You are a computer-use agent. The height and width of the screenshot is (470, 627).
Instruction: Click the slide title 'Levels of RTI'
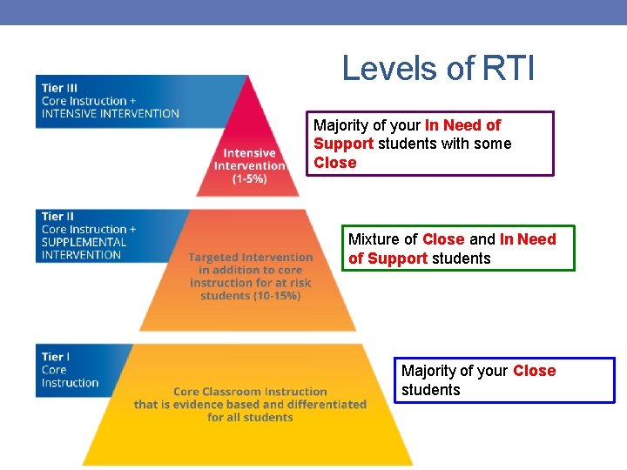point(438,67)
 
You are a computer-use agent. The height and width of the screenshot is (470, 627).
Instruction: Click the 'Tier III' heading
point(58,87)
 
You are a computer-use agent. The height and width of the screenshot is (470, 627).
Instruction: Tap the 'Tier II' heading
point(57,216)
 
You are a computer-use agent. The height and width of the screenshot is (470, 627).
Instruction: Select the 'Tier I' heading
point(55,357)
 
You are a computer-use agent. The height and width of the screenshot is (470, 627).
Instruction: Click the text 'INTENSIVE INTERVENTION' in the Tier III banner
point(110,113)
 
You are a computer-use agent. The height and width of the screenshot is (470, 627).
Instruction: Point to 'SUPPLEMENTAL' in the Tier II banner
point(84,242)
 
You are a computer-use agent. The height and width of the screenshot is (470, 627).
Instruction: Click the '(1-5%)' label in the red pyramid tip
point(249,178)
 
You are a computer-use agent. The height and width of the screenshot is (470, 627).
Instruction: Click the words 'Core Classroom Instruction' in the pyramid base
point(250,392)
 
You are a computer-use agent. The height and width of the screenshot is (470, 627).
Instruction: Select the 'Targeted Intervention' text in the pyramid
point(250,257)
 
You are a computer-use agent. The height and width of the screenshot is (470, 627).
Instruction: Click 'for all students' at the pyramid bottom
point(250,418)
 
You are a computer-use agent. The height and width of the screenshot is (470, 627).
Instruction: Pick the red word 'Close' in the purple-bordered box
point(335,163)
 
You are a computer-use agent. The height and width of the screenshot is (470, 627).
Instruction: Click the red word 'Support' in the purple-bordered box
point(343,144)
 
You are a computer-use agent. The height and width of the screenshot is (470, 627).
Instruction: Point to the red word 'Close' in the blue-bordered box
point(534,371)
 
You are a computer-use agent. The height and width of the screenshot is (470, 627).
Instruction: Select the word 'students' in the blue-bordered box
point(430,390)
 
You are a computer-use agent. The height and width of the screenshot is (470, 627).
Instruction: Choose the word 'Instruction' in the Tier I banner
point(70,383)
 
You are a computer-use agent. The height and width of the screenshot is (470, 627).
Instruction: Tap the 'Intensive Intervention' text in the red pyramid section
point(250,159)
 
